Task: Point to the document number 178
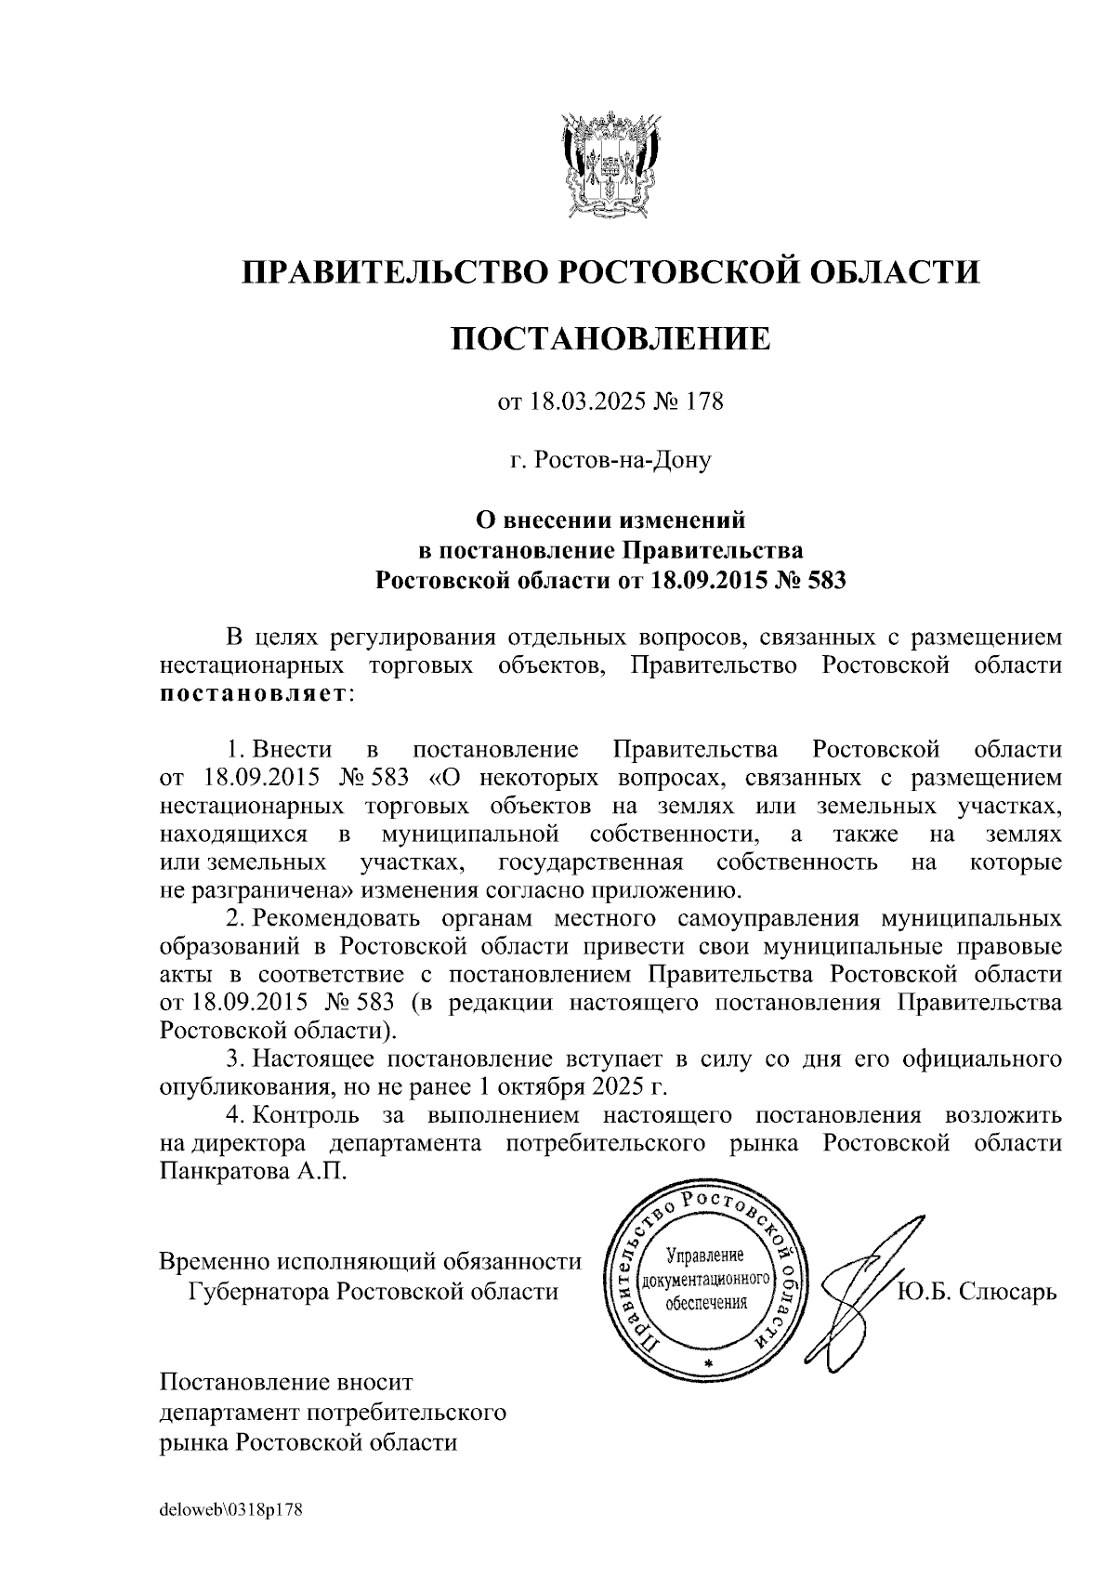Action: [x=703, y=402]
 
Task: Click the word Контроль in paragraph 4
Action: [x=307, y=1114]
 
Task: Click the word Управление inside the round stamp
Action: [x=708, y=1256]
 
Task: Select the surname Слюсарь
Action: [x=1009, y=1292]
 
